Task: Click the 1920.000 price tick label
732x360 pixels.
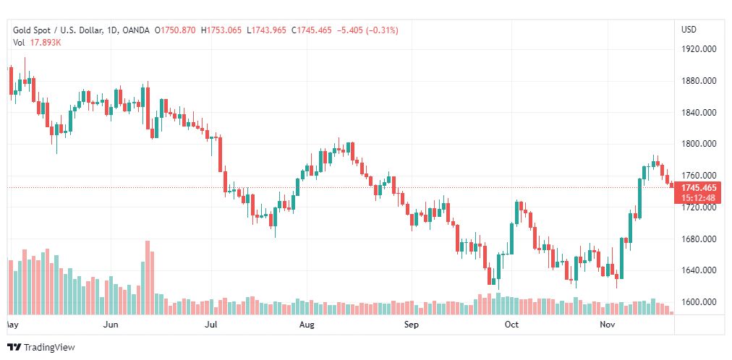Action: (699, 49)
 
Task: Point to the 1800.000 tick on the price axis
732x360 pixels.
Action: (699, 144)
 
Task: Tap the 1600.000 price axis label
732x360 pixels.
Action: (699, 302)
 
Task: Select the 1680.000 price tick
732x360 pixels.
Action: (699, 239)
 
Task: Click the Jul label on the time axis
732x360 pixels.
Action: (212, 325)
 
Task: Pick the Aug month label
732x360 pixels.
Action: (307, 325)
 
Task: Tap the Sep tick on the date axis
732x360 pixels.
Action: (411, 325)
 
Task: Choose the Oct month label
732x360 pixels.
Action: (511, 325)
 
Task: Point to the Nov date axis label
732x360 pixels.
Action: (608, 325)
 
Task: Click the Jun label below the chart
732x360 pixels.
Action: (111, 325)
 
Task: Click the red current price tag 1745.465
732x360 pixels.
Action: (698, 188)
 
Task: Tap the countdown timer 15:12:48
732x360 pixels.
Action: (698, 198)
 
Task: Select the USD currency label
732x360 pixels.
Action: (689, 30)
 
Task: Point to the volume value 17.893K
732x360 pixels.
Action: (46, 43)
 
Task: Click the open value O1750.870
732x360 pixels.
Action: (174, 30)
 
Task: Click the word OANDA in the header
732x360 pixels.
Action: (136, 30)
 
